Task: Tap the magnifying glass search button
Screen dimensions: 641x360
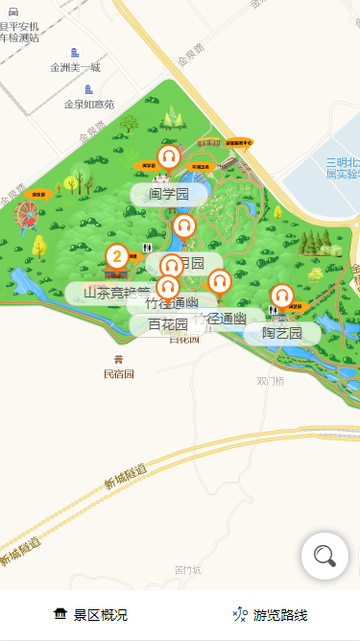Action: [324, 556]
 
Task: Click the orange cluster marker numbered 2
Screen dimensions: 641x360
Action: [117, 256]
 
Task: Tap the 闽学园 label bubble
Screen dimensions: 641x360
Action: [170, 194]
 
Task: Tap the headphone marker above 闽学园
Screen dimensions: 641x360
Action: [169, 156]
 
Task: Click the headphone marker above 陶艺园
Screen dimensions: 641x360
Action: [281, 296]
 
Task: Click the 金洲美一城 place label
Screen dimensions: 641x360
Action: [75, 67]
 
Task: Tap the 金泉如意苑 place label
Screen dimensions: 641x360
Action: [88, 104]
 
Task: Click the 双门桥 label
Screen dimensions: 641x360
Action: [271, 380]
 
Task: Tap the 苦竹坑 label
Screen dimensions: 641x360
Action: [188, 570]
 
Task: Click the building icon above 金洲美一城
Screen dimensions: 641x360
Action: [75, 53]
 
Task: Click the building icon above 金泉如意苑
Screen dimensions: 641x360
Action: [88, 89]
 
